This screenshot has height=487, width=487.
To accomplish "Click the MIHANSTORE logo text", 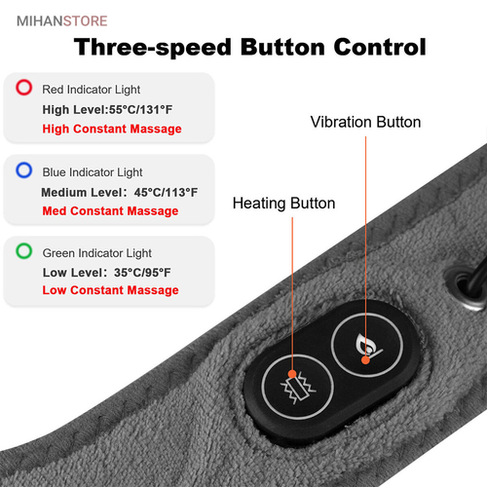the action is tap(61, 21).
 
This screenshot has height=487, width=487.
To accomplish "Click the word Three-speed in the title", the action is tap(153, 48).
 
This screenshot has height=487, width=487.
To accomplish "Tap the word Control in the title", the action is tap(380, 47).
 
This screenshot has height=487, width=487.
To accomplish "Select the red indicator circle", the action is tap(24, 88).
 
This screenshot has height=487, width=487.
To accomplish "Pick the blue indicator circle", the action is tap(24, 170).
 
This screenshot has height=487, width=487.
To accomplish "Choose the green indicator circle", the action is tap(24, 251).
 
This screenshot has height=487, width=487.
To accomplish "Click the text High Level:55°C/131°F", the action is tap(107, 110).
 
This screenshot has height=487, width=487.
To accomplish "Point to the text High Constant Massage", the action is tap(112, 130).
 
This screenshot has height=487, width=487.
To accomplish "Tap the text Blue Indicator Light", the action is tap(93, 172).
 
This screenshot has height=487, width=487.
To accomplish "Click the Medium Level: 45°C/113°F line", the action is tap(120, 193).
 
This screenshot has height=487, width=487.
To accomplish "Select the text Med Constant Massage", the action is tap(110, 211).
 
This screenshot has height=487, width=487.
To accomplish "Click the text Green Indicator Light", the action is tap(97, 253).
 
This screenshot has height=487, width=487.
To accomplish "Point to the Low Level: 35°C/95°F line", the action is tap(106, 273).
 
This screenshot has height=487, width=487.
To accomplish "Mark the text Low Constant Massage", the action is tap(110, 290).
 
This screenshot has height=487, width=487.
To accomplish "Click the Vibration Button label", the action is tap(365, 123).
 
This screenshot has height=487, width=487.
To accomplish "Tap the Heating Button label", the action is tap(284, 204).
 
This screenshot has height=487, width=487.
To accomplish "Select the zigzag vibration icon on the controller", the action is tap(298, 388).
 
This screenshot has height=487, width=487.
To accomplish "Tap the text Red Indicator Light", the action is tap(92, 90).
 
